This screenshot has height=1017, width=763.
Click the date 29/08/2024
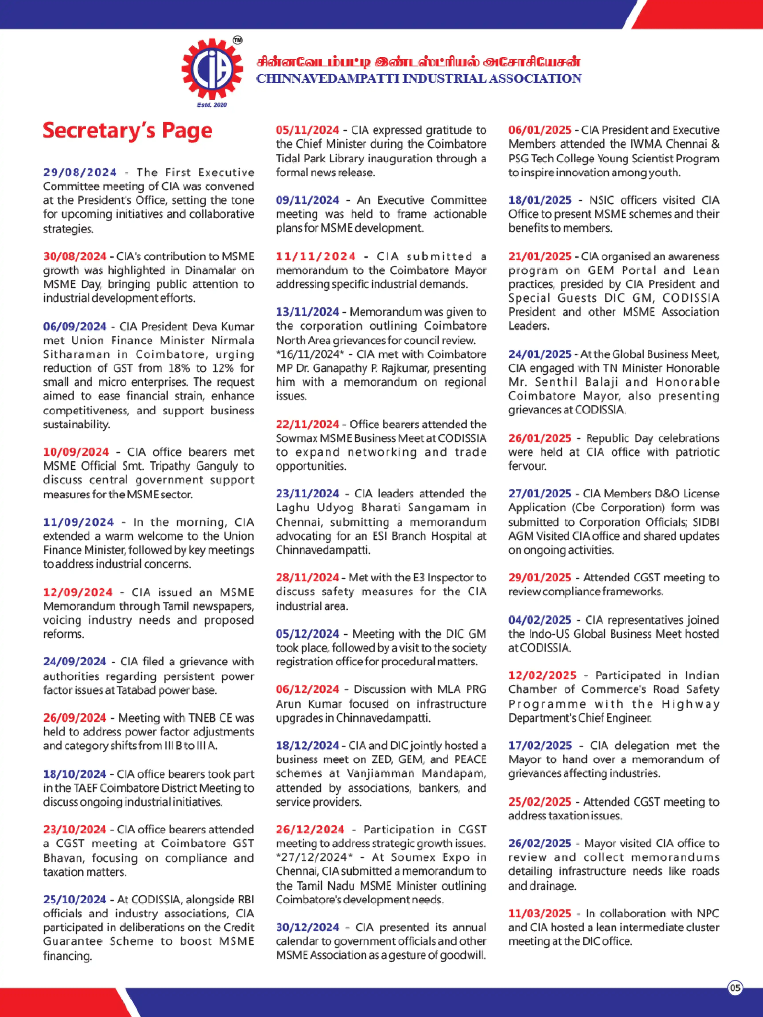[x=80, y=172]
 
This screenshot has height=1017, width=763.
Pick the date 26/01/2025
[x=540, y=438]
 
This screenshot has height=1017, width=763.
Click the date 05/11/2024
[x=307, y=130]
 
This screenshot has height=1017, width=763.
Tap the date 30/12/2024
[x=307, y=927]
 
